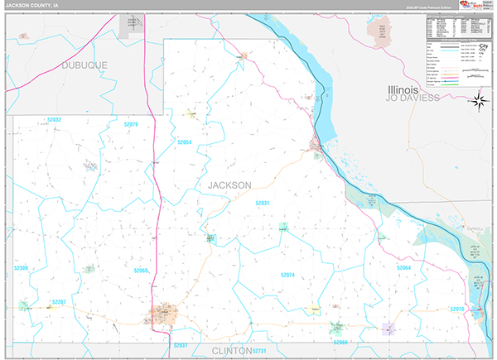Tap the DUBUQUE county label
(85, 64)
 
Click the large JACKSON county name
(229, 185)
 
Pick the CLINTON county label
(231, 351)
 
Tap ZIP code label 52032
(54, 120)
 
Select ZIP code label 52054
(184, 142)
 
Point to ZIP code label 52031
(263, 203)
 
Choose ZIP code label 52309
(21, 268)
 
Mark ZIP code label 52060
(142, 271)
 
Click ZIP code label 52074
(287, 274)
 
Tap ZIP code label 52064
(403, 268)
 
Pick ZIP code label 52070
(457, 309)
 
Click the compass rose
(478, 102)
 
